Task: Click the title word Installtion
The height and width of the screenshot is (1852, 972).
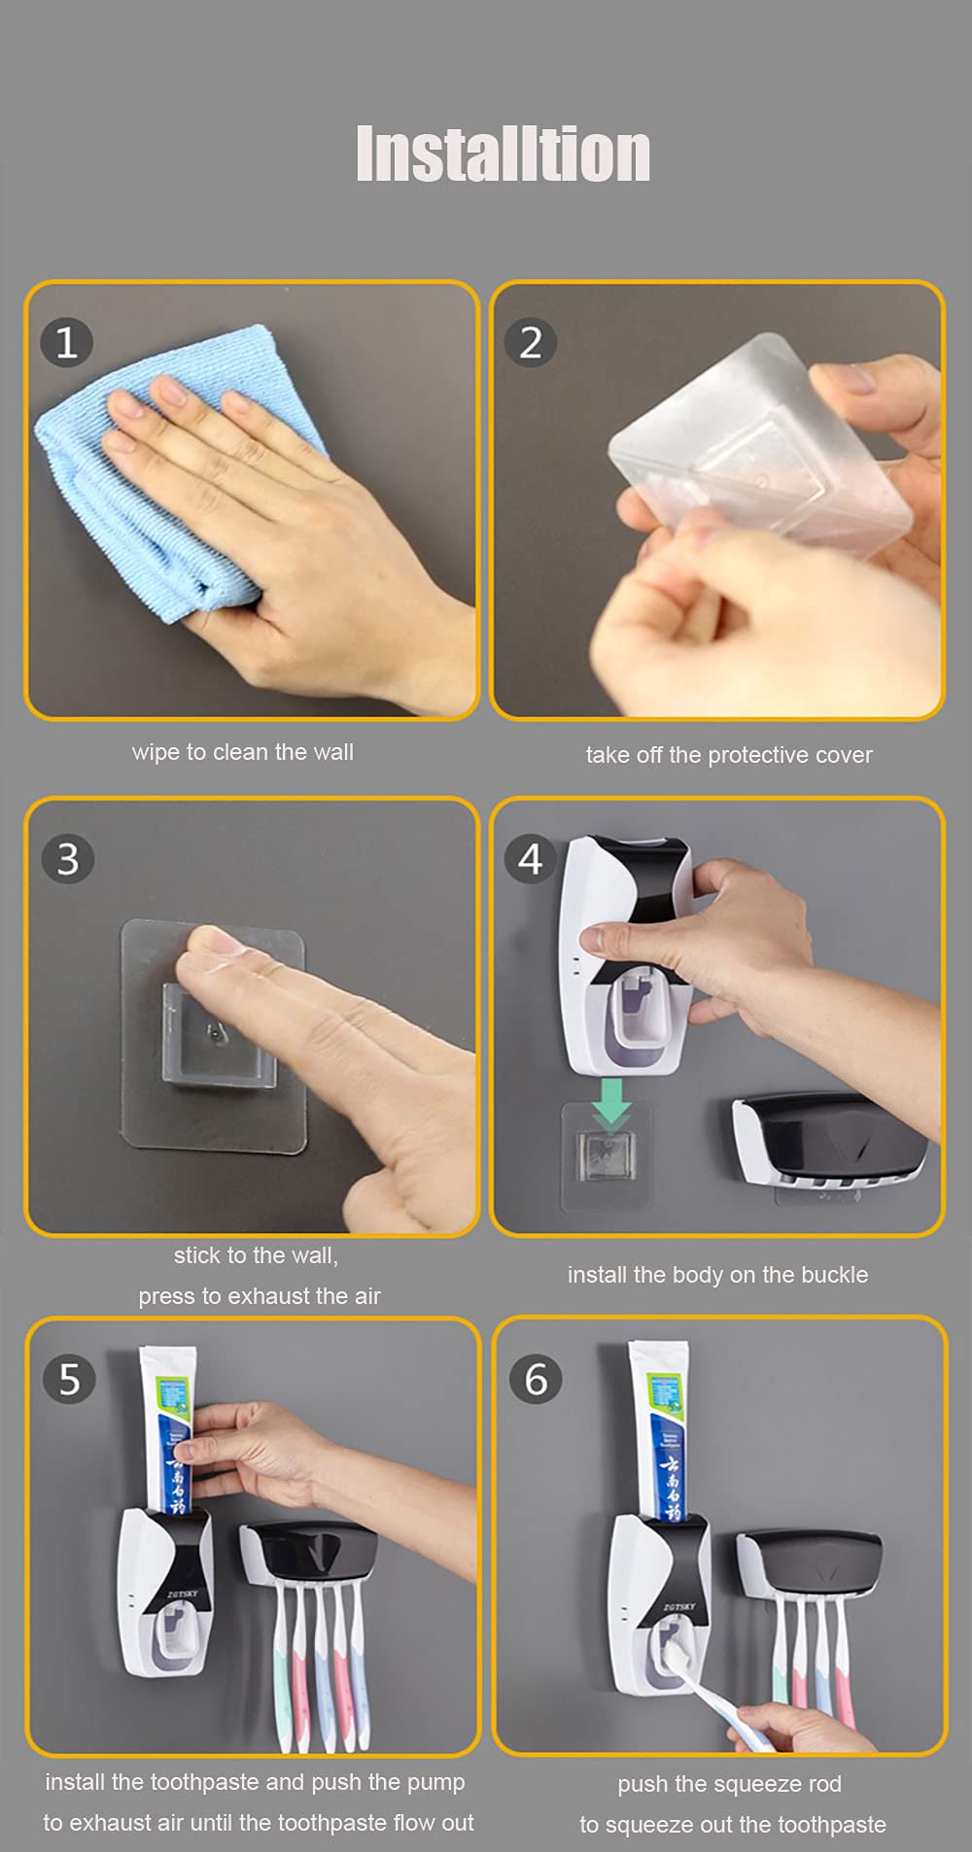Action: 503,154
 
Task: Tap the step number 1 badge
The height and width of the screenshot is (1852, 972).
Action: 66,342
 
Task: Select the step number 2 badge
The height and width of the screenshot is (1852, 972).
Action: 531,342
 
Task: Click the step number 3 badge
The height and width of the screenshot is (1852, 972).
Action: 67,859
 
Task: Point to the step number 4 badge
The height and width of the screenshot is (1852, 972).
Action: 530,859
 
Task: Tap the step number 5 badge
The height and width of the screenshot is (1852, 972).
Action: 69,1380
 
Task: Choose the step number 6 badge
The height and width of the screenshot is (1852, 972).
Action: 536,1380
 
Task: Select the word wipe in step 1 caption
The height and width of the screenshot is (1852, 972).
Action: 156,752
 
